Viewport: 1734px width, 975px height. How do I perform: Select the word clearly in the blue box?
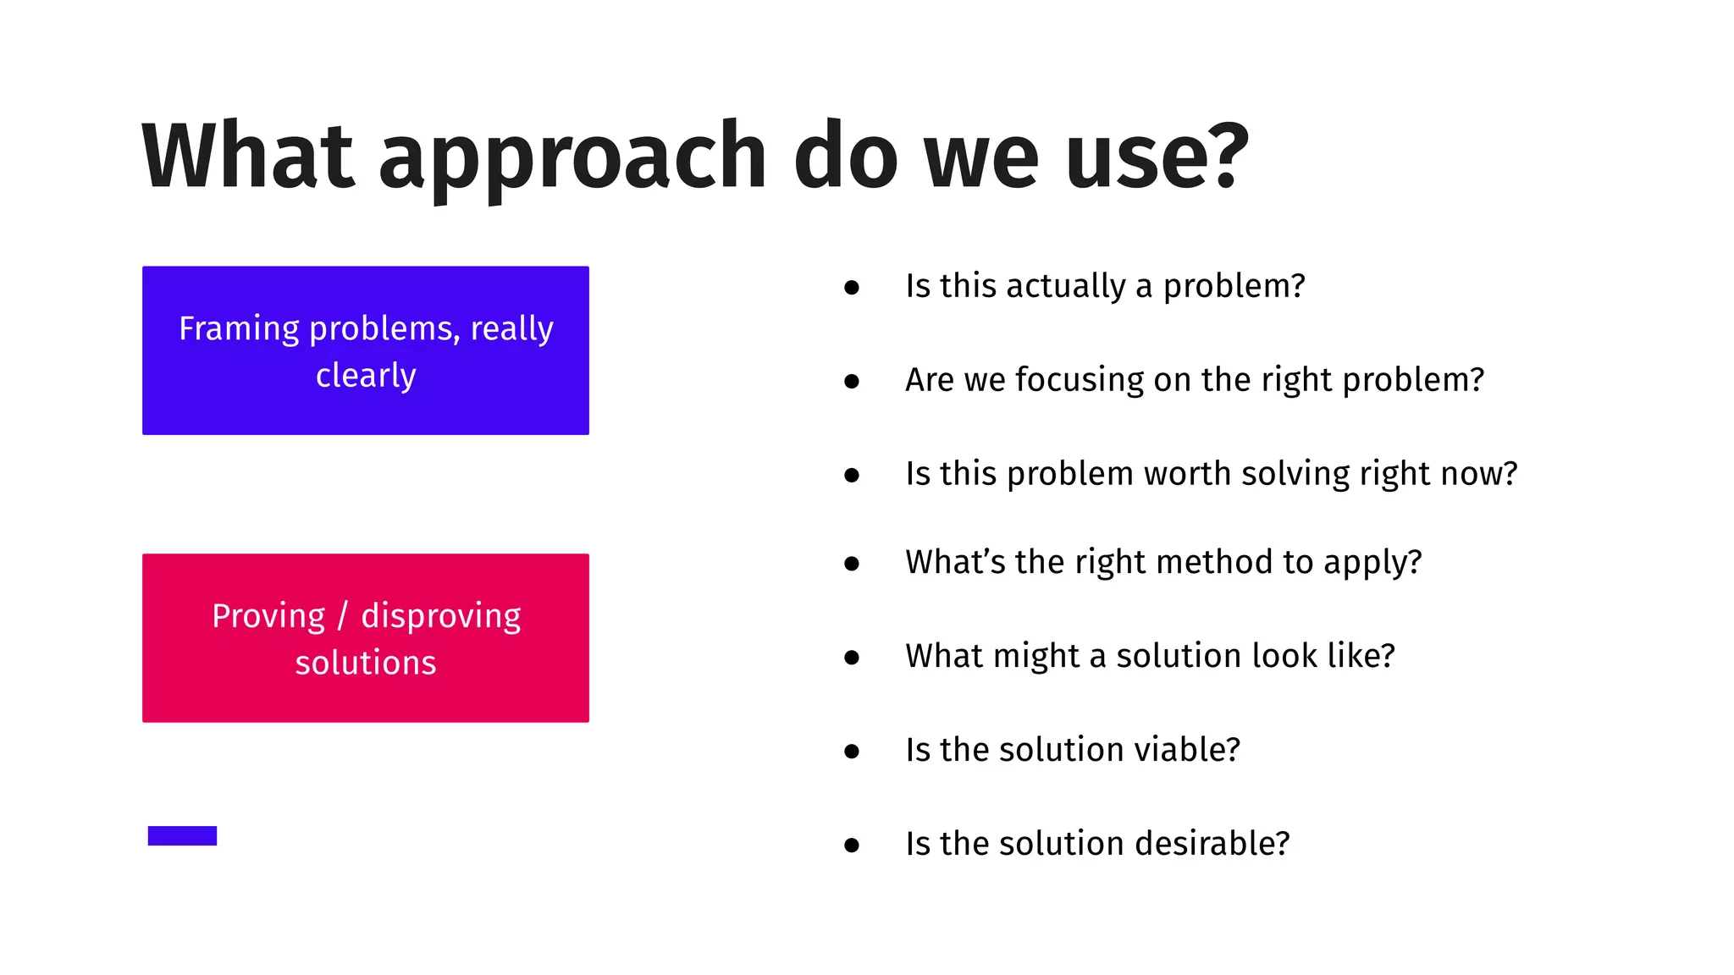tap(366, 375)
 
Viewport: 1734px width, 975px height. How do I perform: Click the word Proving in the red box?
tap(268, 616)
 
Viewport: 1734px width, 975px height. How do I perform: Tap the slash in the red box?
tap(343, 616)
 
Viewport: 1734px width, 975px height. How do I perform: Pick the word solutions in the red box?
tap(366, 663)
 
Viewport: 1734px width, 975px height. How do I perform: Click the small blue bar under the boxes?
tap(182, 835)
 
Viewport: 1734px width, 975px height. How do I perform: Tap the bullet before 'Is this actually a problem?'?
tap(852, 288)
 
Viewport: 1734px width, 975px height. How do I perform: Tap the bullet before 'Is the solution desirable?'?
tap(852, 845)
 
